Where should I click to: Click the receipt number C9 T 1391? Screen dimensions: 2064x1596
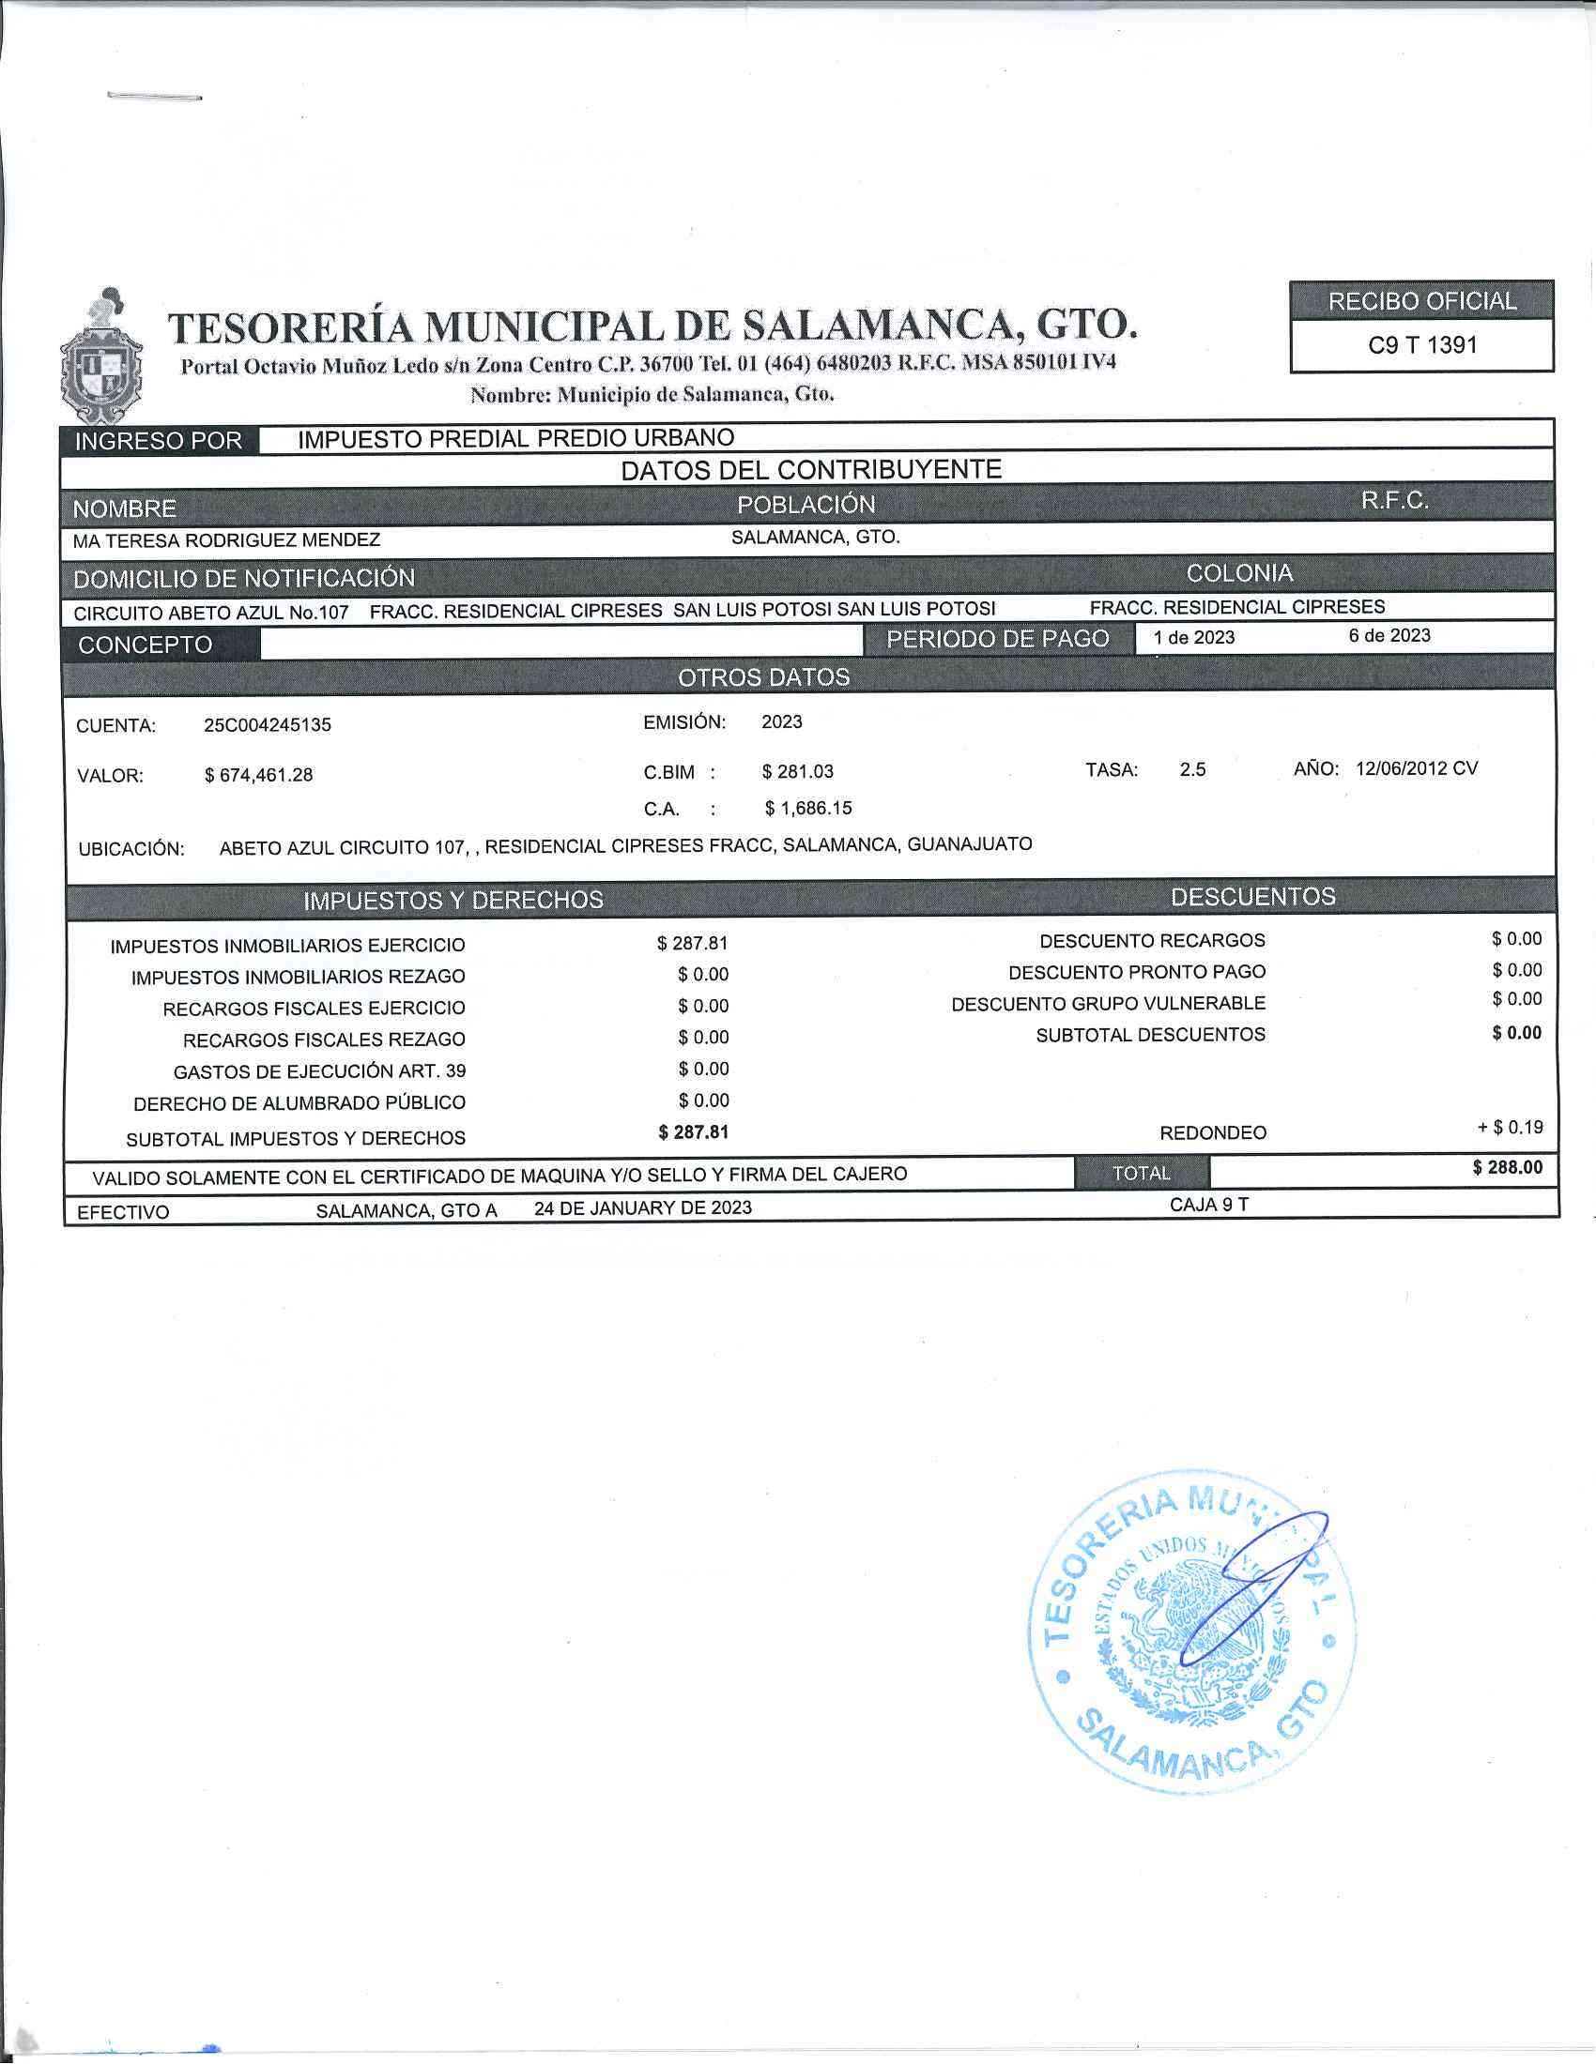[x=1421, y=346]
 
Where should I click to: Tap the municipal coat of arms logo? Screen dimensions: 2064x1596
[x=101, y=357]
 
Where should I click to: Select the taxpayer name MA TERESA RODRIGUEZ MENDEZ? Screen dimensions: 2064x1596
[x=227, y=540]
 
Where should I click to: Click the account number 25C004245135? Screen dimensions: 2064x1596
[x=268, y=726]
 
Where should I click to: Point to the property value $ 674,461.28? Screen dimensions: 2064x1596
[x=258, y=776]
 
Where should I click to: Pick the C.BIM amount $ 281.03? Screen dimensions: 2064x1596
[x=797, y=772]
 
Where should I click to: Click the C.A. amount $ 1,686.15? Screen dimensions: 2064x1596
[x=807, y=809]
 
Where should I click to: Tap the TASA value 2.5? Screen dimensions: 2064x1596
[x=1192, y=770]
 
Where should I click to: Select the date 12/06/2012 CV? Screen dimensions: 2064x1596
[x=1417, y=768]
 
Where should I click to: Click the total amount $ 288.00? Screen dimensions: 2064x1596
[x=1507, y=1168]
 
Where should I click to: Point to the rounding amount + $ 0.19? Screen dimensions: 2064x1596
[x=1510, y=1128]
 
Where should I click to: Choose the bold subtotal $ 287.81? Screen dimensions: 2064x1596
[x=693, y=1132]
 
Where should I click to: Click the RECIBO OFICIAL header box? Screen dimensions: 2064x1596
[x=1421, y=301]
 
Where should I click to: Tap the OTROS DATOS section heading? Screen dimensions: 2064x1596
[x=763, y=677]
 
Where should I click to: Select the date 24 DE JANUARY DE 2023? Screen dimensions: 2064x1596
[x=643, y=1207]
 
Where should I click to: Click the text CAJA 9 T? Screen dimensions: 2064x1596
[x=1208, y=1205]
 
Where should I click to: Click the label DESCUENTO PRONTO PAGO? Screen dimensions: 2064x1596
[x=1137, y=973]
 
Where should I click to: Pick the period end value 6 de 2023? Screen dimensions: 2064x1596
[x=1389, y=636]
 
